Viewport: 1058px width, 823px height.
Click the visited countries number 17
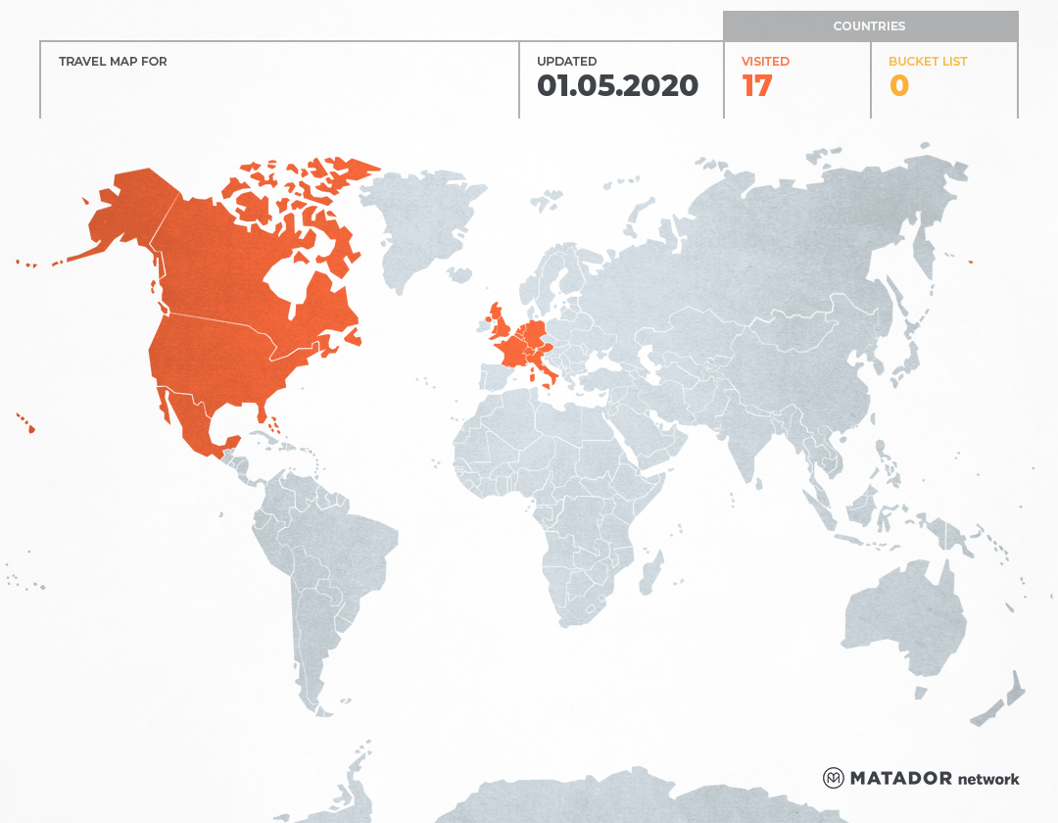(757, 86)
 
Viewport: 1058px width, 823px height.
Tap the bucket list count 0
(898, 86)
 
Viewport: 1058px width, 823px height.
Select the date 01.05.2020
(617, 86)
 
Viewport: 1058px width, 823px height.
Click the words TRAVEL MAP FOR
(113, 62)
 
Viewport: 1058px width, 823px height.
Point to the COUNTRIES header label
(869, 26)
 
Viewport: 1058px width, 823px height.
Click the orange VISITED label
(765, 62)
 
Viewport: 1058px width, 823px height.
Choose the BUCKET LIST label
(927, 62)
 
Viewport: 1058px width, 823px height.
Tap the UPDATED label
(566, 62)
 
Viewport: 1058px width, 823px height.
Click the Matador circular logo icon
(833, 778)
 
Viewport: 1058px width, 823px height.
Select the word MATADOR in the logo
(900, 778)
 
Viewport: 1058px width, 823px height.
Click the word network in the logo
(988, 779)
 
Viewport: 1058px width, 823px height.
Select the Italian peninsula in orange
(549, 372)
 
